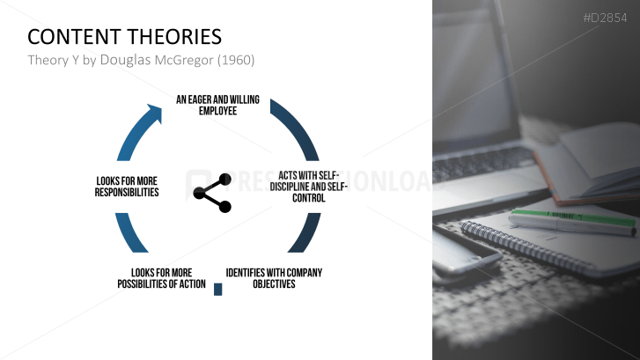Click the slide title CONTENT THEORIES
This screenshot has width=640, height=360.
[x=124, y=37]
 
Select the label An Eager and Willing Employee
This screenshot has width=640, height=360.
[x=217, y=106]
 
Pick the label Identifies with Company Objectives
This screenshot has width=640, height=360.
[x=274, y=278]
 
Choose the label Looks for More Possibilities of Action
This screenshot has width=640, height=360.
[x=161, y=278]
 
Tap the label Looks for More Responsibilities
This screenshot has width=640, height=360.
[x=127, y=187]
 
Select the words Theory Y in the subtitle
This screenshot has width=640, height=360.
[x=52, y=60]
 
